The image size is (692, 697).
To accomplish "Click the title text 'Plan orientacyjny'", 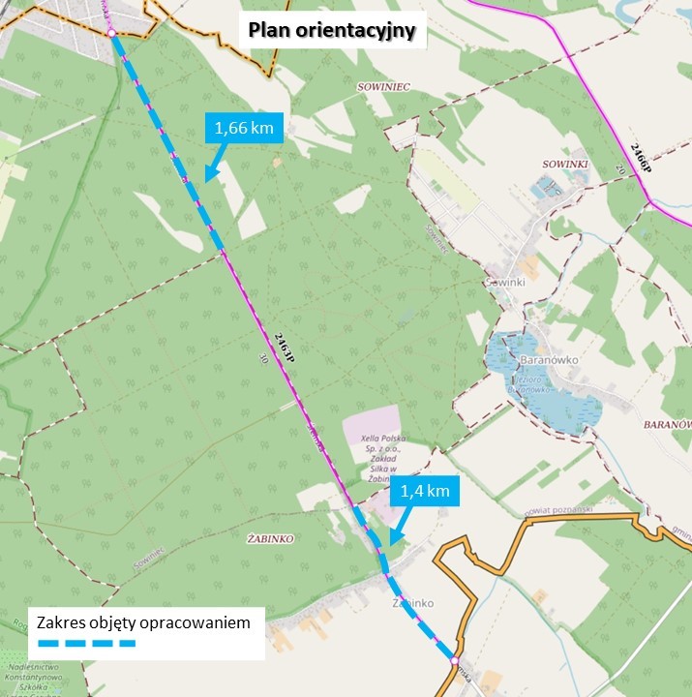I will pos(332,31).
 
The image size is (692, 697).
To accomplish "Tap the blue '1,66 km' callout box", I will pos(244,128).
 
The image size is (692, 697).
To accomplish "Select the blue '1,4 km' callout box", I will pos(425,491).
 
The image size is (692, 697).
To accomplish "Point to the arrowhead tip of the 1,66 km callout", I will pos(204,179).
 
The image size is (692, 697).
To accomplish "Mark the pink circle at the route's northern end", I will pos(112,34).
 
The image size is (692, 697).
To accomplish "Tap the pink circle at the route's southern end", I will pos(454,661).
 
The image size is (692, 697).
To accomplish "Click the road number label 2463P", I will pos(284,347).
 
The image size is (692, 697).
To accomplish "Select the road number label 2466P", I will pos(640,158).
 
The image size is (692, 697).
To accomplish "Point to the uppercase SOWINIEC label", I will pos(382,87).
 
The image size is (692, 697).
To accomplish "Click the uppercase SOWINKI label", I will pos(565,165).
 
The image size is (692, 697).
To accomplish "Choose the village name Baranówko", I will pos(549,359).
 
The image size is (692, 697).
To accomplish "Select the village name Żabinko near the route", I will pos(412,602).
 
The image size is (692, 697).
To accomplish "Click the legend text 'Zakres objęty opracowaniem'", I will pos(144,621).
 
